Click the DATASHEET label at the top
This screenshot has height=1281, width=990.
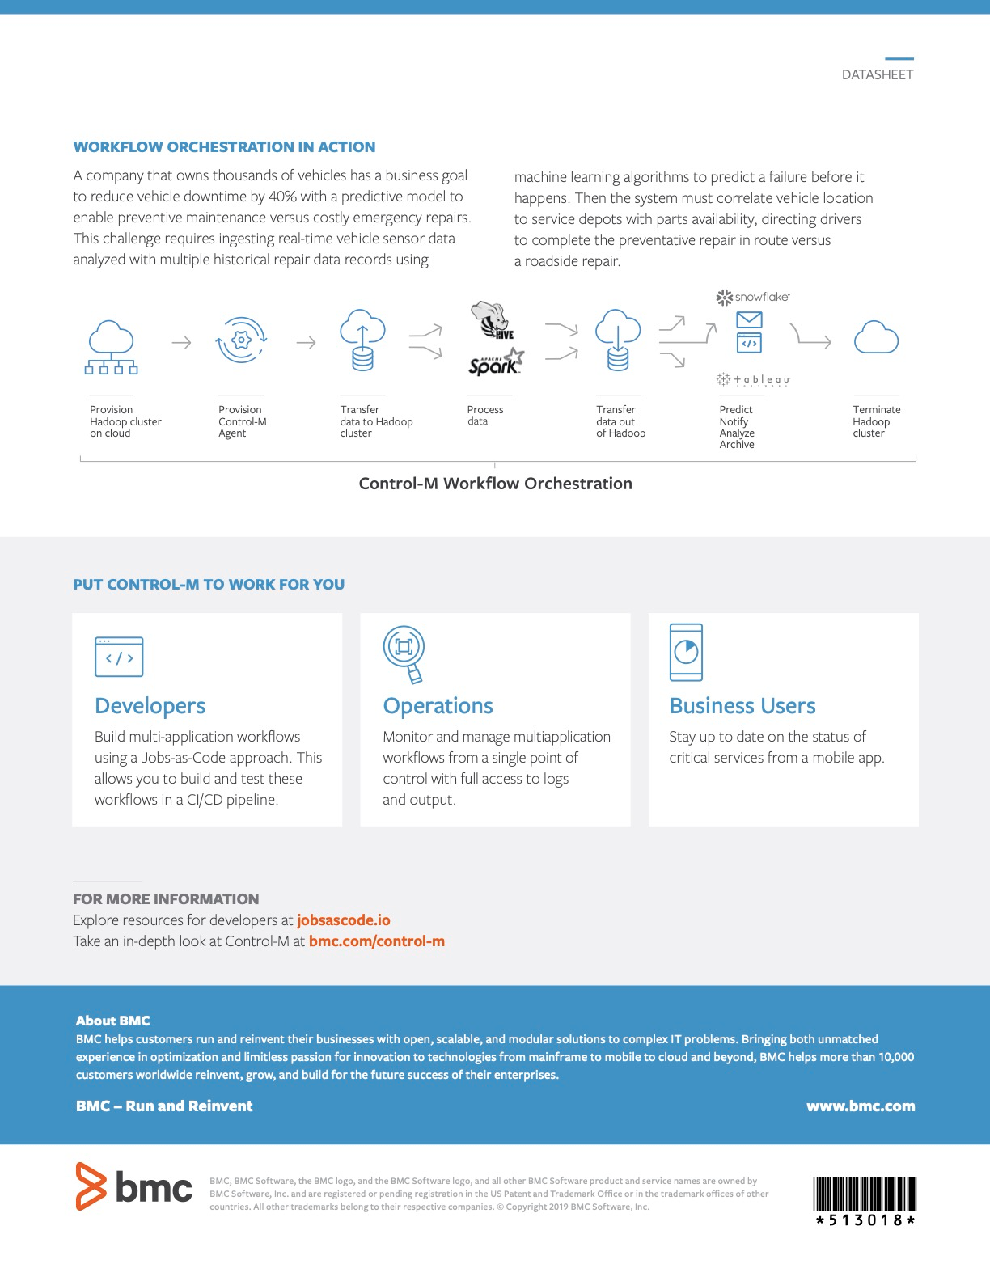(877, 74)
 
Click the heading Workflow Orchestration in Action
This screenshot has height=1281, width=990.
(224, 147)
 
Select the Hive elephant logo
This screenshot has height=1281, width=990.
(492, 319)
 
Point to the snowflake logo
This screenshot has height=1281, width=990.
(752, 297)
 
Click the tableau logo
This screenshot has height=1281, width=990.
(753, 379)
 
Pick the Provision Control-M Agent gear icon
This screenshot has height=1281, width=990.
(241, 340)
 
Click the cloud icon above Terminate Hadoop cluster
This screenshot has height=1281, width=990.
(876, 338)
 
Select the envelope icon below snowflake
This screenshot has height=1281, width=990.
(749, 319)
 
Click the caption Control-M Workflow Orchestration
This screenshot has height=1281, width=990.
(495, 484)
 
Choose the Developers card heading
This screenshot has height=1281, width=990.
(150, 706)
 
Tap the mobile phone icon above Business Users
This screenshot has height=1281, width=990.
(686, 652)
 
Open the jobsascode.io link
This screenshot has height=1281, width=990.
(344, 920)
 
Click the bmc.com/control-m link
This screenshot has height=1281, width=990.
(376, 941)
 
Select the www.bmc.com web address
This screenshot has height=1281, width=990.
(860, 1106)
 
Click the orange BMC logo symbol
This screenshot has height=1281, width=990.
(91, 1186)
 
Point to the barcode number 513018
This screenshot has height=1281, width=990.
(865, 1220)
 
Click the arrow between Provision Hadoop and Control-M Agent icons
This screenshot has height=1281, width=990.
(182, 343)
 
